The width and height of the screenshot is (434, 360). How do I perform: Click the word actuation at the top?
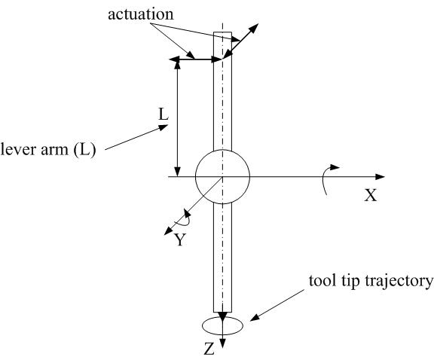coord(141,14)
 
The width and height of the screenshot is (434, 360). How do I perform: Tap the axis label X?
coord(371,195)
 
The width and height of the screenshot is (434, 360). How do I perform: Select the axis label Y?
coord(180,239)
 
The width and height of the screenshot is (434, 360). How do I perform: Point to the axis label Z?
coord(209,349)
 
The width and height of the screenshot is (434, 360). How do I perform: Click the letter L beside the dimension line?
coord(164,114)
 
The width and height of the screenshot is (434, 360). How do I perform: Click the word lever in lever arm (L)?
coord(19,150)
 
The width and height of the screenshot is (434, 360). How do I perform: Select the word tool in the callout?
coord(320,281)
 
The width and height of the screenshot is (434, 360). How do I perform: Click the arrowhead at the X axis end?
coord(380,176)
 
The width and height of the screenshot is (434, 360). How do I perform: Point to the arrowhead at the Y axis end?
coord(168,231)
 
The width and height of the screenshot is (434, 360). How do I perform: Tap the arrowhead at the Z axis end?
coord(222,344)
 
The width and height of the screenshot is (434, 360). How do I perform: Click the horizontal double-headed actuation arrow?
coord(196,59)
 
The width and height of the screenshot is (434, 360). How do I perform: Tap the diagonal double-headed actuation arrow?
coord(240,41)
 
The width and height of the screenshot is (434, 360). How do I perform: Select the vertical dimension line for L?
coord(178,118)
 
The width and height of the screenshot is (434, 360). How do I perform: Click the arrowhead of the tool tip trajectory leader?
coord(255,318)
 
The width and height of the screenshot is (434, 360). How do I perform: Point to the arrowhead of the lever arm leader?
coord(163,127)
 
